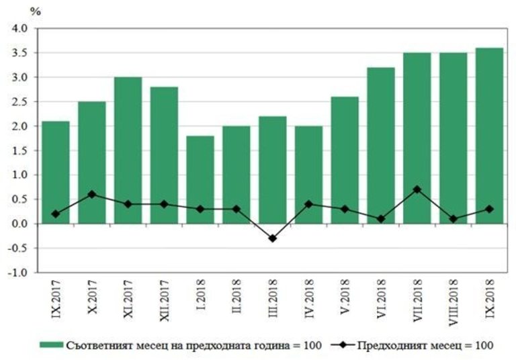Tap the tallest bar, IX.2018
coord(489,135)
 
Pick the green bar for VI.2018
coord(380,145)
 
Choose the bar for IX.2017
coord(55,172)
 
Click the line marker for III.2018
coord(272,238)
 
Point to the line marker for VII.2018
coord(417,189)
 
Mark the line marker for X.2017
coord(91,194)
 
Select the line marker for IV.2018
coord(308,204)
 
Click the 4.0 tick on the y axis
coord(17,29)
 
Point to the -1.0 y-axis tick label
coord(16,273)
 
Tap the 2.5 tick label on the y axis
coord(17,102)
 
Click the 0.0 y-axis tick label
coord(17,224)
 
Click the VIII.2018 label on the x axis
coord(453,303)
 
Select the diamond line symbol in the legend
coord(345,345)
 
